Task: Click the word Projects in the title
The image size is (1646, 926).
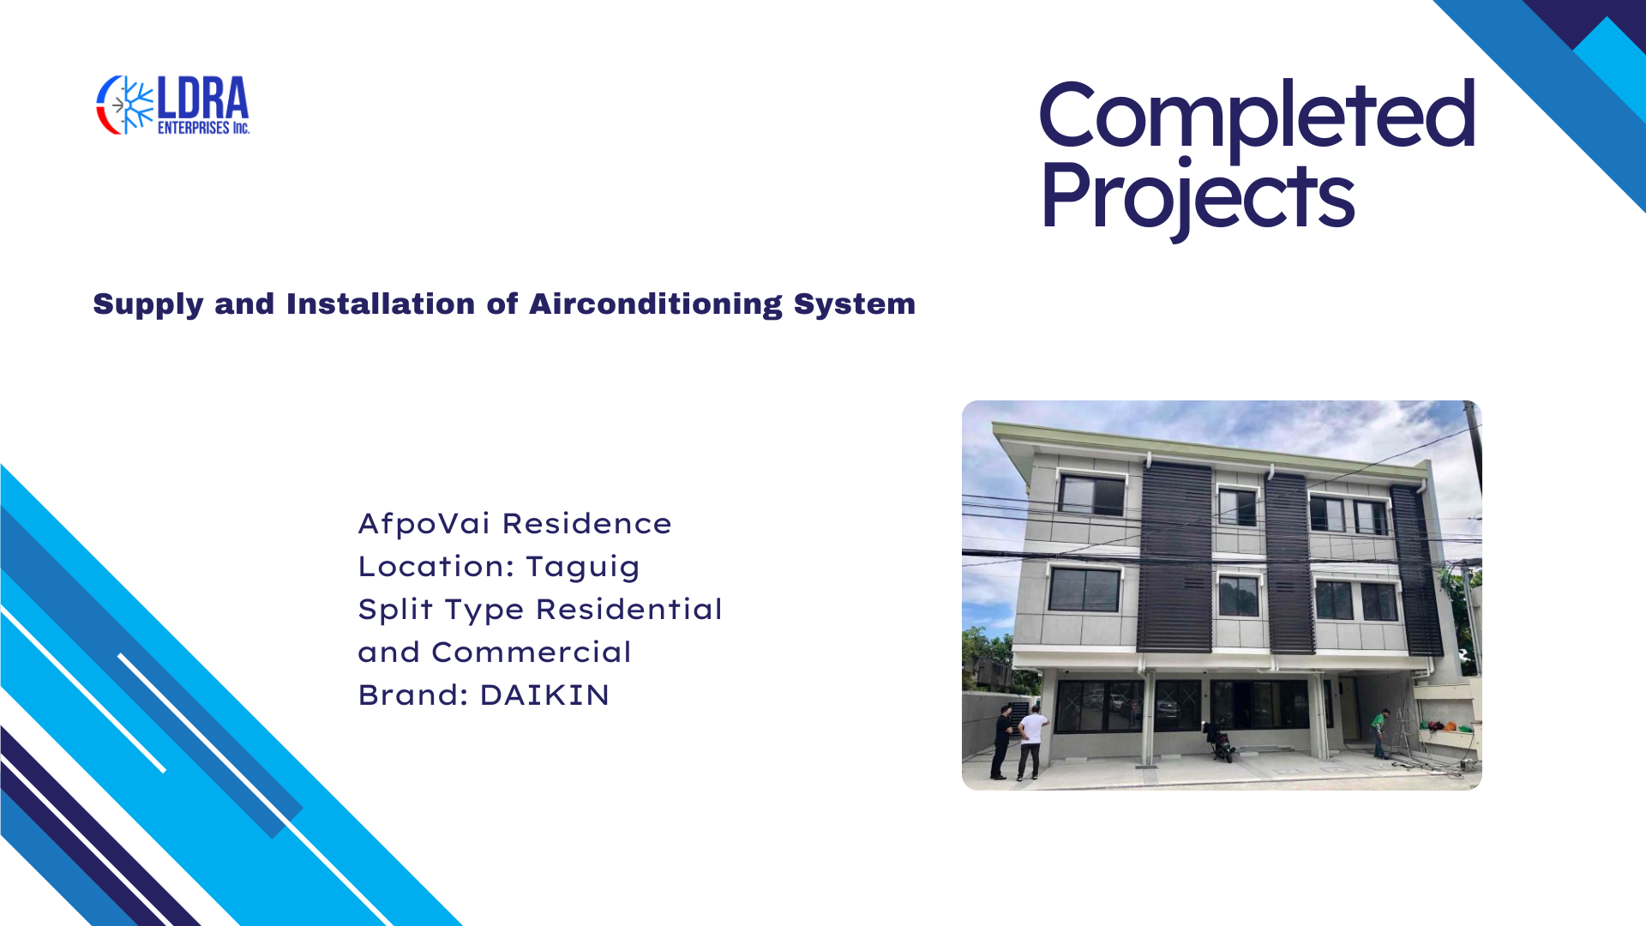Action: pyautogui.click(x=1198, y=197)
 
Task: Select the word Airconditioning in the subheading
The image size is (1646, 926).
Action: pyautogui.click(x=655, y=304)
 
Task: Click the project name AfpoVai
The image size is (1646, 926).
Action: pyautogui.click(x=424, y=524)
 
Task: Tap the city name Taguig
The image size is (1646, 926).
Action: pyautogui.click(x=583, y=568)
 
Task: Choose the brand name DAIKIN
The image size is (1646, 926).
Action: pyautogui.click(x=544, y=695)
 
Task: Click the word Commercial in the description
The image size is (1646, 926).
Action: pyautogui.click(x=532, y=652)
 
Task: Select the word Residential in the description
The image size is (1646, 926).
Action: pyautogui.click(x=629, y=610)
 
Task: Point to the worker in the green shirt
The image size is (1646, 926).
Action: pyautogui.click(x=1380, y=733)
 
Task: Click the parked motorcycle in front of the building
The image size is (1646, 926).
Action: pyautogui.click(x=1220, y=743)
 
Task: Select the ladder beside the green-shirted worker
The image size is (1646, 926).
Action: pyautogui.click(x=1406, y=735)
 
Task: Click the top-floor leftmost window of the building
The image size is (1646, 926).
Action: pyautogui.click(x=1091, y=495)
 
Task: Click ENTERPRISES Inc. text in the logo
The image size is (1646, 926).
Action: pyautogui.click(x=203, y=128)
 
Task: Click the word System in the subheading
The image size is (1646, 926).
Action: pyautogui.click(x=855, y=305)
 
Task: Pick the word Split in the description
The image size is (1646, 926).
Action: pyautogui.click(x=395, y=610)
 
